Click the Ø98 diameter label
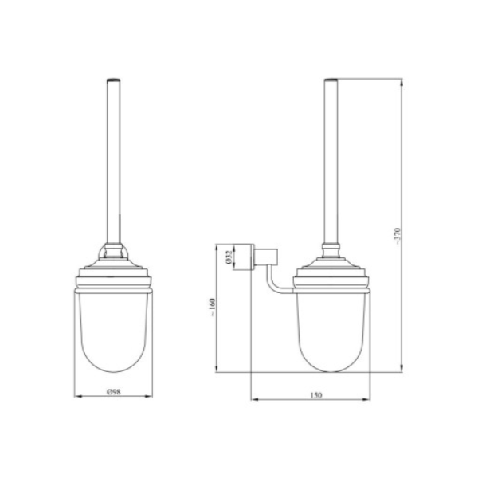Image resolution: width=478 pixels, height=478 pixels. (114, 392)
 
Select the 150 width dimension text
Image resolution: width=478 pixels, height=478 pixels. (315, 395)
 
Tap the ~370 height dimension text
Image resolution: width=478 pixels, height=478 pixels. (398, 236)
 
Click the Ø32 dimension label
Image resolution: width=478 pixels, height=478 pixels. (229, 257)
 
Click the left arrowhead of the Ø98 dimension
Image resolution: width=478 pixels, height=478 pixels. (78, 396)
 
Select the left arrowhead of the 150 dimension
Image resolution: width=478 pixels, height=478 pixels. (255, 399)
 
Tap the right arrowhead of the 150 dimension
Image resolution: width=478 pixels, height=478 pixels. (366, 399)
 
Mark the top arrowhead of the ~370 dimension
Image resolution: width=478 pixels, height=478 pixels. (402, 83)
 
